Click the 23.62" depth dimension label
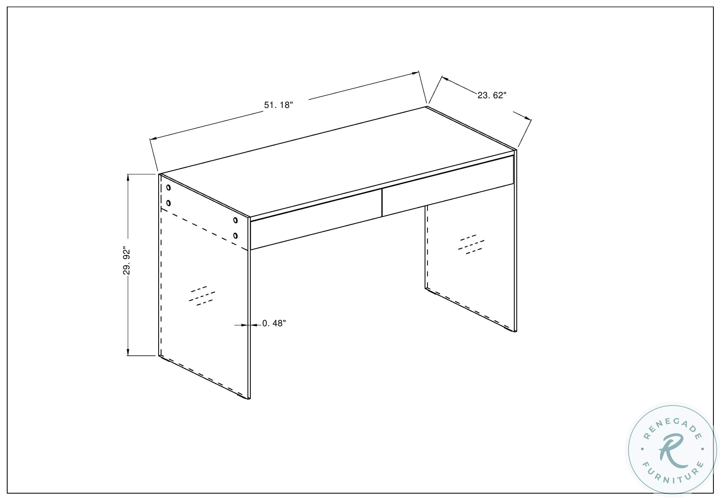492,95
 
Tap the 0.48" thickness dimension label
274,323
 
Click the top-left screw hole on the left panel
169,188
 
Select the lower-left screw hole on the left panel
169,203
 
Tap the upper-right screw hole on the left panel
236,220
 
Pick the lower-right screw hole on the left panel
236,235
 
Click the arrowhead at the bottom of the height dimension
128,352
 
